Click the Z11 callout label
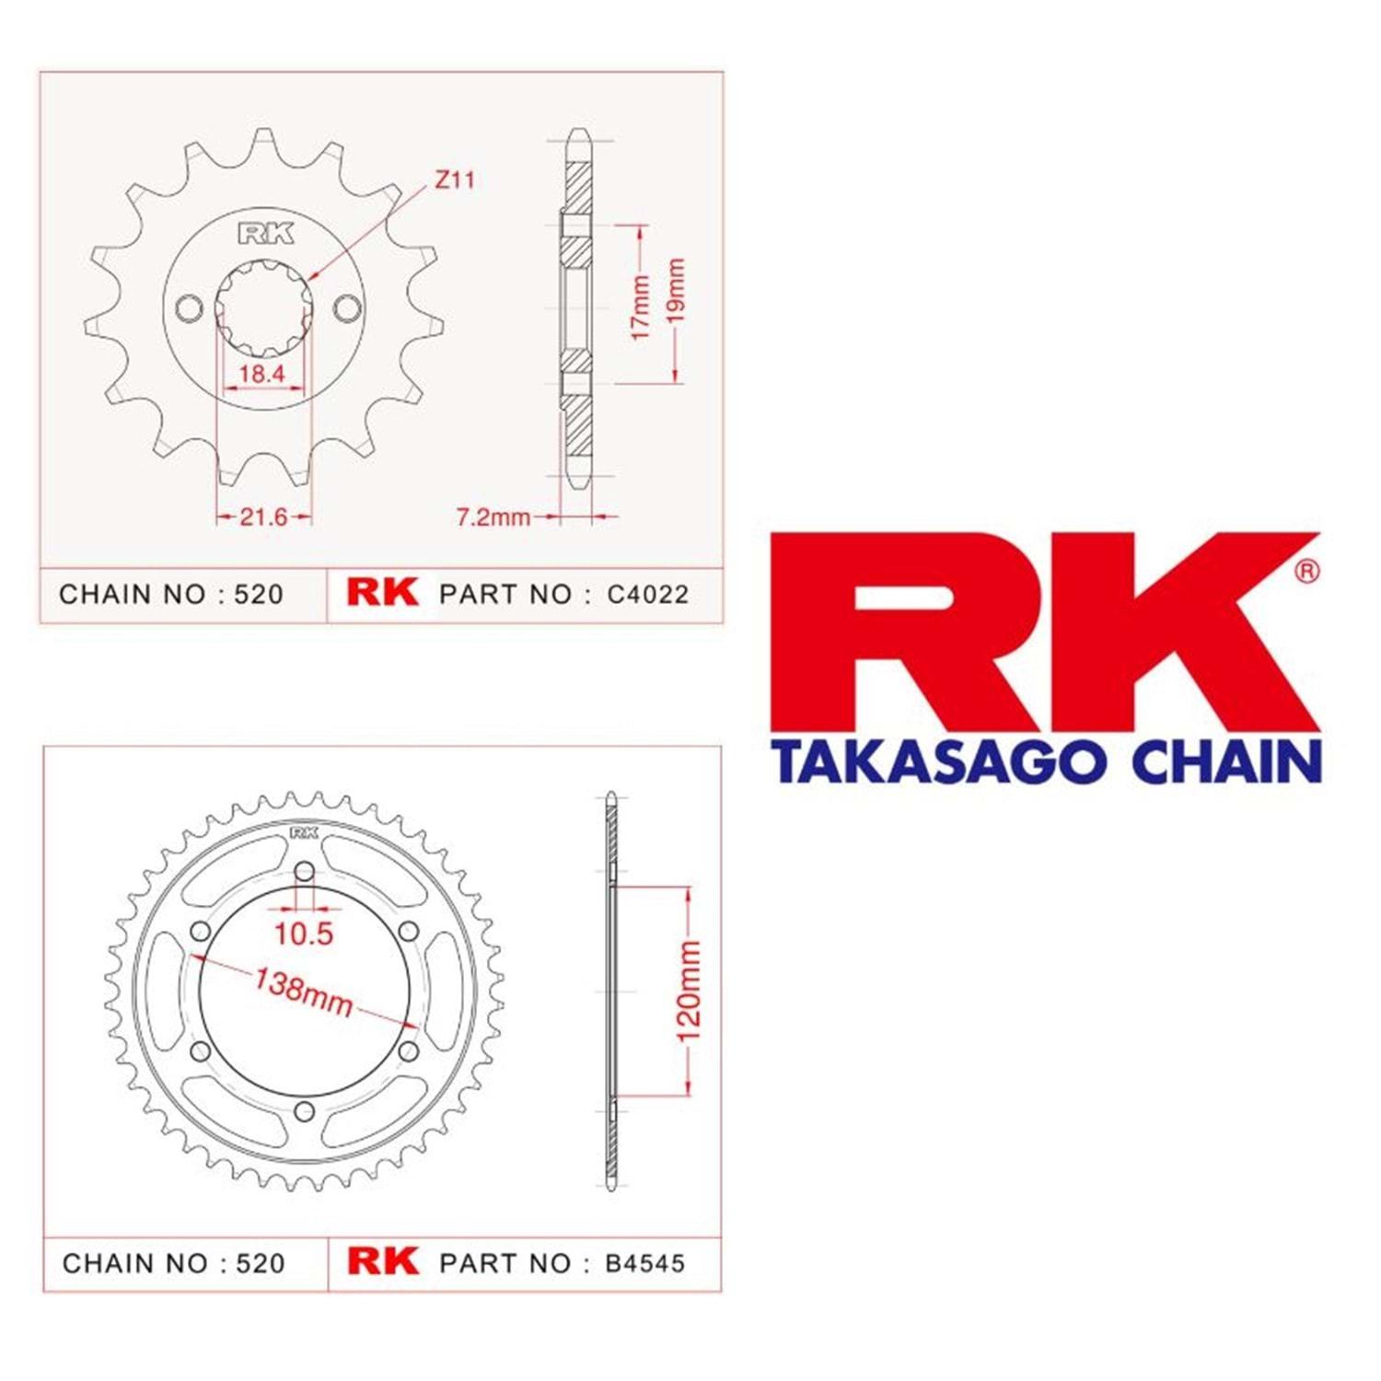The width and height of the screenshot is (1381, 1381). pos(455,180)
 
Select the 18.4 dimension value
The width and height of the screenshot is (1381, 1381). pos(261,374)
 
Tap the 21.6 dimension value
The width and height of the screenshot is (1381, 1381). pos(263,516)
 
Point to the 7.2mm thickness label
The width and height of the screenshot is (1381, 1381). pos(493,516)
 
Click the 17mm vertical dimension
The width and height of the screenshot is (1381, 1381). pos(641,307)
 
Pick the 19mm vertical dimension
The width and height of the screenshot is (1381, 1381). pos(675,290)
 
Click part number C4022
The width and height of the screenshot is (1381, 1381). pos(648,595)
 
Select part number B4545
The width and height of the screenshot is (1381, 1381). pos(645,1263)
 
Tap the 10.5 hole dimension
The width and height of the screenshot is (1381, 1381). pos(304,934)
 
